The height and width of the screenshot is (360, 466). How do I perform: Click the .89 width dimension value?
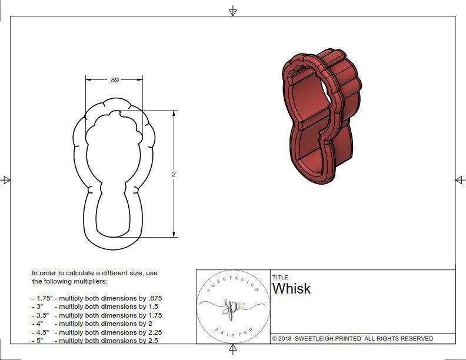point(114,80)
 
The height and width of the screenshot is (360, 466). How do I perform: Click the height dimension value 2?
point(174,174)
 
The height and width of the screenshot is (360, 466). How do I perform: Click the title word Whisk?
point(291,289)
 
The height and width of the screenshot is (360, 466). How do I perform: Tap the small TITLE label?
point(280,278)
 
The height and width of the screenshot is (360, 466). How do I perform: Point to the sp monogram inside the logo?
point(231,307)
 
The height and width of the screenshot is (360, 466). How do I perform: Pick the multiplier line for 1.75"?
point(96,298)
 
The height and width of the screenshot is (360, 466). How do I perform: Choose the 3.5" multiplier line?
point(96,315)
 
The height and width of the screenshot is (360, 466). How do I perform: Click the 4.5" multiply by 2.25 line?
point(96,332)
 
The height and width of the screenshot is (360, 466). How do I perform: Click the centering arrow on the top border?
point(233,11)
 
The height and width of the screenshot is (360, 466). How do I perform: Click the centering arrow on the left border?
point(6,180)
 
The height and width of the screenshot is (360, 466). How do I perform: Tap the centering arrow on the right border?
point(460,180)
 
